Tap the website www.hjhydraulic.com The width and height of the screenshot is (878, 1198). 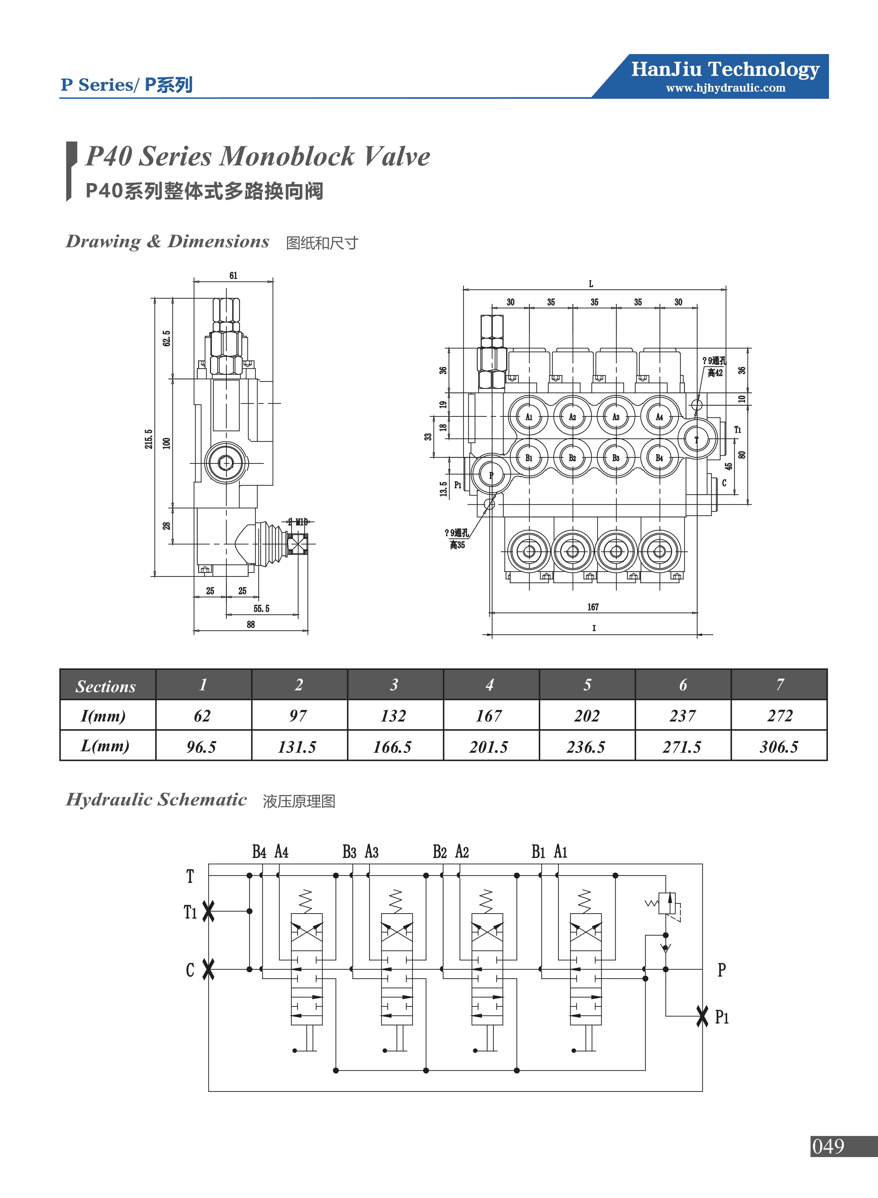click(725, 88)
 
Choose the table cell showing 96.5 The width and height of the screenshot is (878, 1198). click(201, 747)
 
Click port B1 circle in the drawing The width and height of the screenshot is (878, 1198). click(529, 458)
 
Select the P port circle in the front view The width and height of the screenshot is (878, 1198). click(491, 475)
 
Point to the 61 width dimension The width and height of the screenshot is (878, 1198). click(233, 275)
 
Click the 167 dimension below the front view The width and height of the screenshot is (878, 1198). click(593, 607)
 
